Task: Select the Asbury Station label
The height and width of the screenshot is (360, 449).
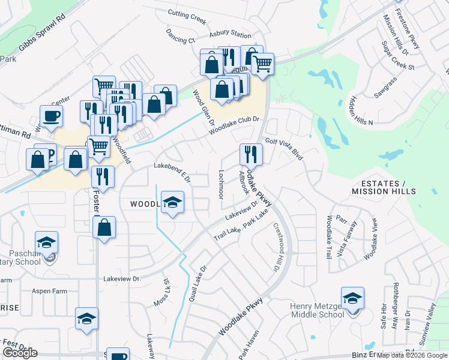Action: point(230,36)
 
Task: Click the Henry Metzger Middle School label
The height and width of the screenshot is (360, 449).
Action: point(317,310)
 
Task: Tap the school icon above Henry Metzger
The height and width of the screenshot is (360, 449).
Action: point(352,298)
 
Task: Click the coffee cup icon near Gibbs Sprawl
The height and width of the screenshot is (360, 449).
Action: point(51,116)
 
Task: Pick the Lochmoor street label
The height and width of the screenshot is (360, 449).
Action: point(220,184)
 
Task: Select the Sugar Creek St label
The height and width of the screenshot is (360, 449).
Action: point(398,56)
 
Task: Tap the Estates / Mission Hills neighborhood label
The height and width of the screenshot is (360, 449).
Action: point(383,187)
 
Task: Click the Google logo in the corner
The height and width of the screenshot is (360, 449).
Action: point(20,353)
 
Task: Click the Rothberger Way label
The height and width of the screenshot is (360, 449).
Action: point(394,315)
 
